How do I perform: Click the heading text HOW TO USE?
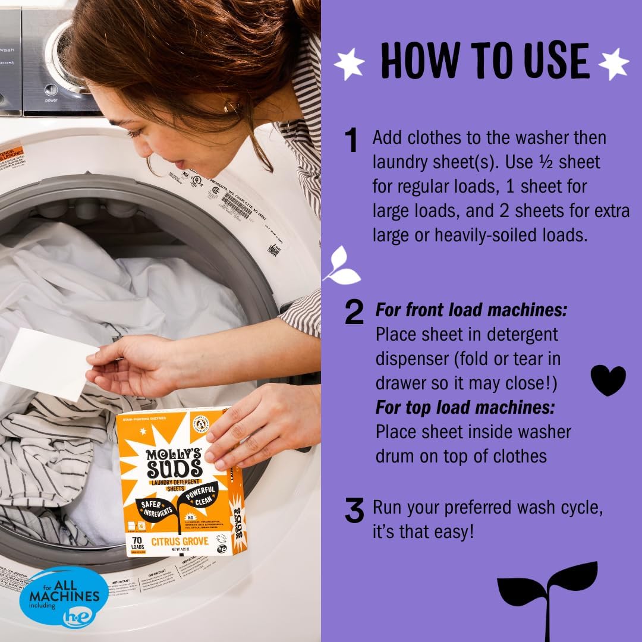[x=484, y=60]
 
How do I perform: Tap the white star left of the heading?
[x=349, y=64]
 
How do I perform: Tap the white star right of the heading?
[x=613, y=63]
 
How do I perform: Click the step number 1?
[x=352, y=141]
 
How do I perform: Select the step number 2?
[x=354, y=313]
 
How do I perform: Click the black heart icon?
[x=608, y=380]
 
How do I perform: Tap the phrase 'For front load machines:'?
[x=471, y=310]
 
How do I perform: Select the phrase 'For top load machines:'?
[x=465, y=407]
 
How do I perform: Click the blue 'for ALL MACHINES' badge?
[x=64, y=596]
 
